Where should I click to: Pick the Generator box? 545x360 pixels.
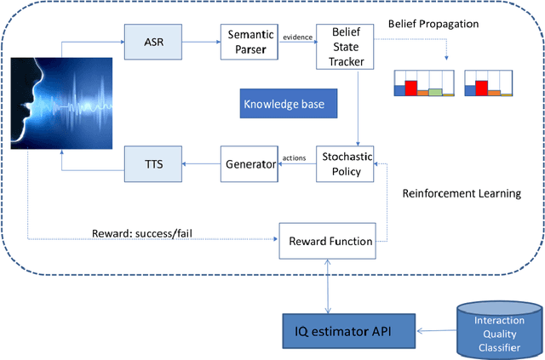[250, 163]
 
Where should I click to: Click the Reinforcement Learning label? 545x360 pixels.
[461, 193]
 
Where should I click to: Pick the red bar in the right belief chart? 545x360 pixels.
[481, 87]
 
